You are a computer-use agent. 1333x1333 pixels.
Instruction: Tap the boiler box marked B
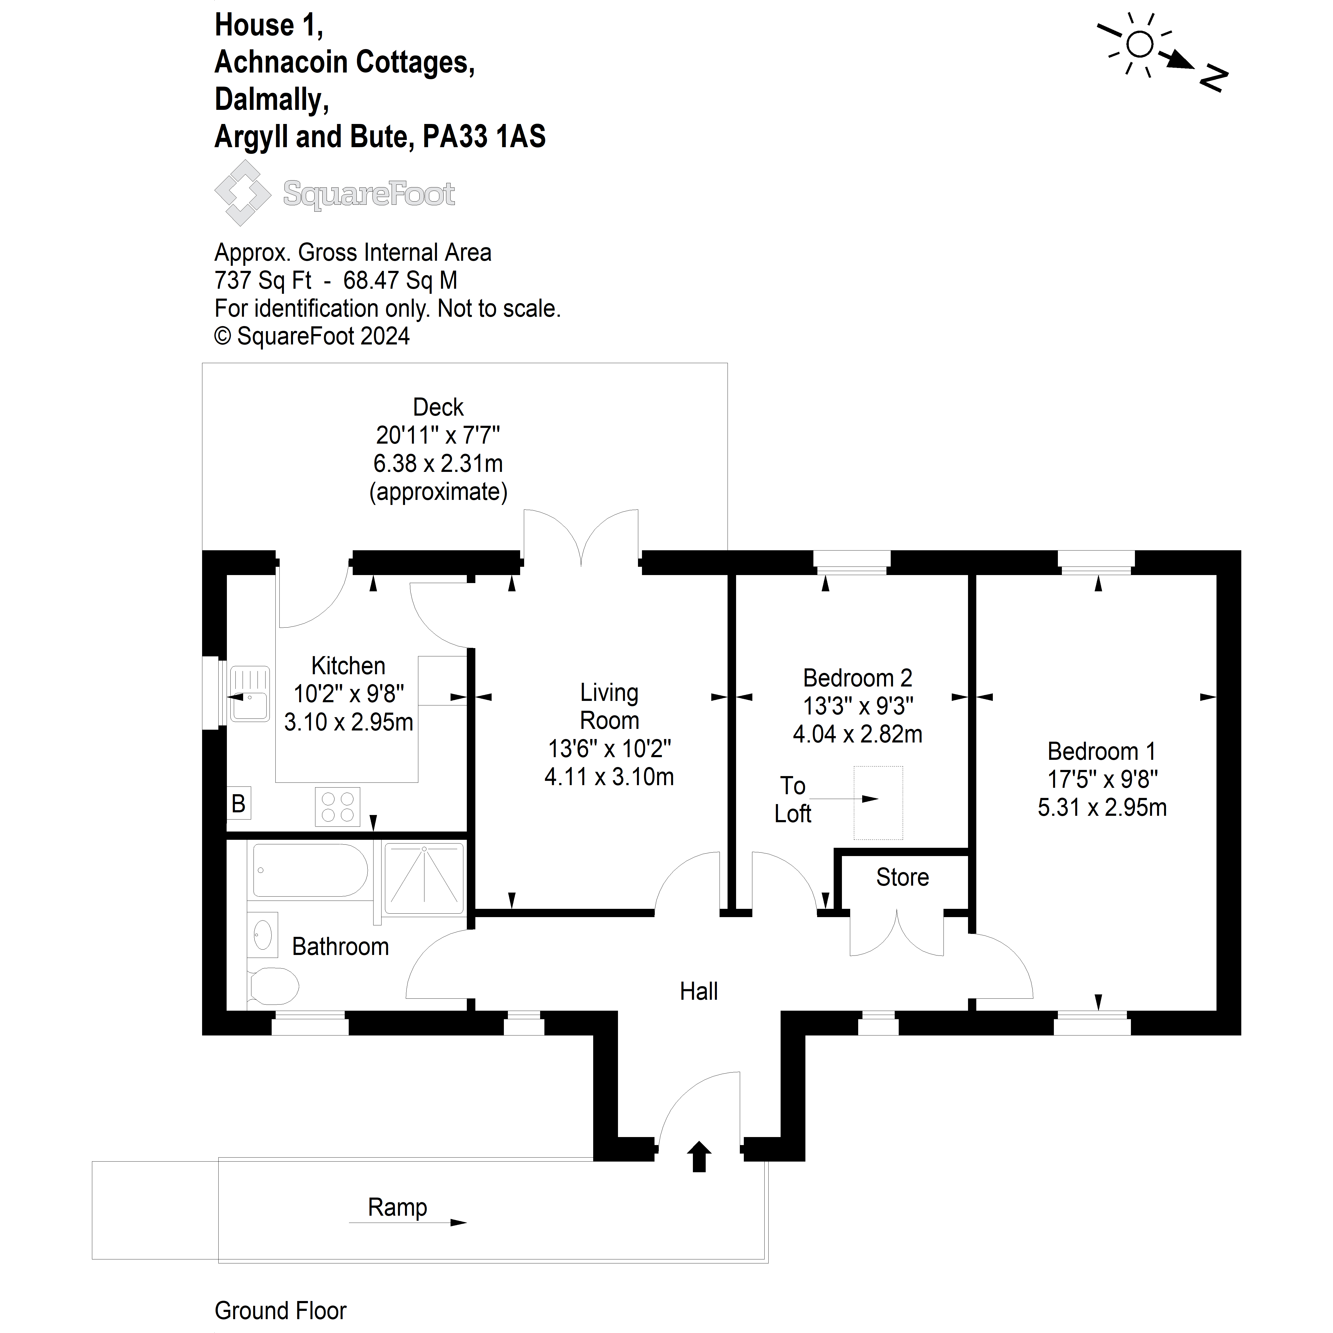[x=239, y=803]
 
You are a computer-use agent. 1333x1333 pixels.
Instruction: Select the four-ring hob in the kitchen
[x=338, y=806]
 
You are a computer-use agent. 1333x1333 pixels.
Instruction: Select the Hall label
[x=699, y=991]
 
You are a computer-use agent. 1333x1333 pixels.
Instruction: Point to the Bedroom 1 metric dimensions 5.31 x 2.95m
[x=1102, y=807]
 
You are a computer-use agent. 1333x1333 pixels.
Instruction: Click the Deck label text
[x=438, y=407]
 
